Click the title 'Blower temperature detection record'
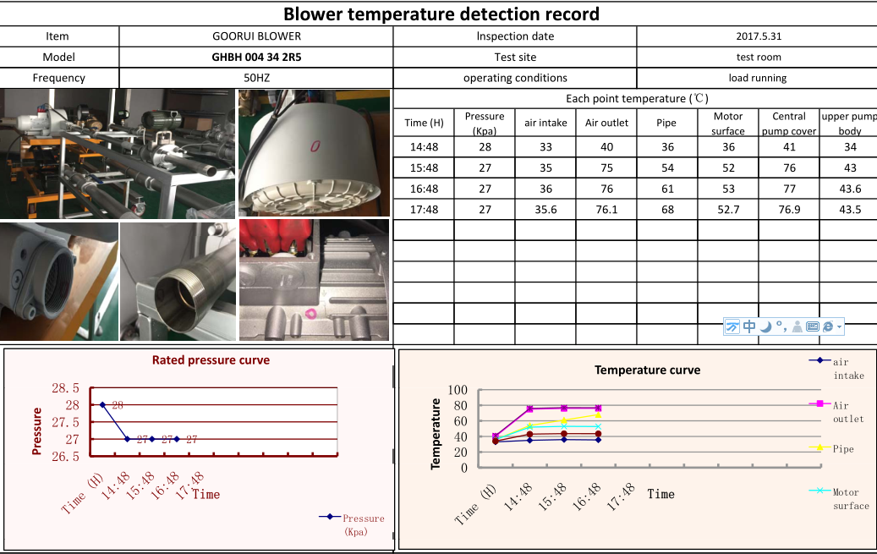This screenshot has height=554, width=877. coord(441,14)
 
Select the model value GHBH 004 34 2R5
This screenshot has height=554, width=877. coord(256,58)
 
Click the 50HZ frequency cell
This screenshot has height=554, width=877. coord(256,78)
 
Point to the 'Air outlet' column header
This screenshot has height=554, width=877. coord(606,123)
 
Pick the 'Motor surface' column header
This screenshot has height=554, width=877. coord(728,123)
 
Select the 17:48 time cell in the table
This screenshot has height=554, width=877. coord(424,210)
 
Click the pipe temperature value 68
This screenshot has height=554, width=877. coord(667,210)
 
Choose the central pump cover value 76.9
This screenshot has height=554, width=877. coord(788,210)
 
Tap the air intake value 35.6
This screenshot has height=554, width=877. coord(545,210)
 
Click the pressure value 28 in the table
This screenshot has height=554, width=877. coord(485,147)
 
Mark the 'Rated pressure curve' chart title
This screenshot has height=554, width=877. coord(211,360)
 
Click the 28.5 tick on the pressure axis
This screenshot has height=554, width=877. coord(65,388)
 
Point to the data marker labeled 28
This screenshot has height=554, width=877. coord(103,405)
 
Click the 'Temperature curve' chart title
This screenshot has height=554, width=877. coord(647,370)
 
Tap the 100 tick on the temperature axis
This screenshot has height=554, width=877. coord(457,390)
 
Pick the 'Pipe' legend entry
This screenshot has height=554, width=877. coord(842,448)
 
